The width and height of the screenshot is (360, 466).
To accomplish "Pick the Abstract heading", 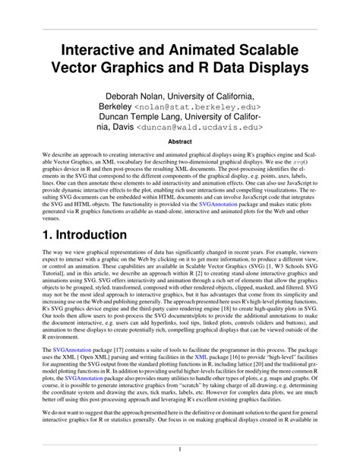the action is coord(179,141).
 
